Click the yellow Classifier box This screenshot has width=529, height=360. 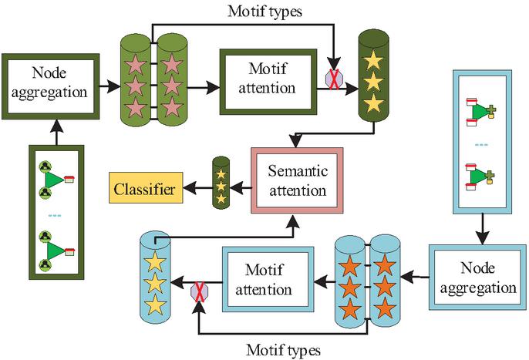[x=144, y=188]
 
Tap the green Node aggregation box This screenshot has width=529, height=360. [x=50, y=82]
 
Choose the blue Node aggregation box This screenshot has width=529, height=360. [x=479, y=277]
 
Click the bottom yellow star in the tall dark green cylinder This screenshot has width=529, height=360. [x=372, y=103]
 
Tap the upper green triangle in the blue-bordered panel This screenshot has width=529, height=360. [x=480, y=113]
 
